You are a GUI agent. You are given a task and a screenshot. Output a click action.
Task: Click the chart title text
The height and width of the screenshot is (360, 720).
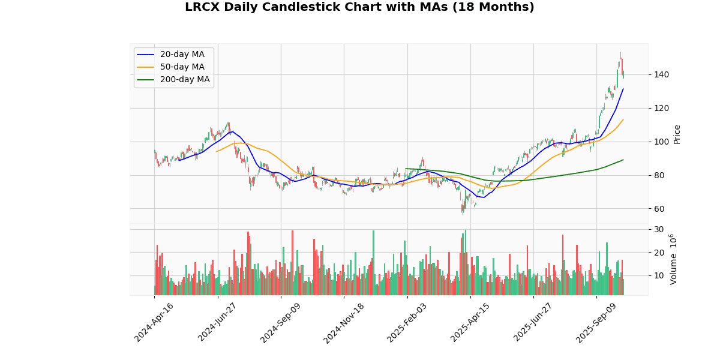(x=359, y=7)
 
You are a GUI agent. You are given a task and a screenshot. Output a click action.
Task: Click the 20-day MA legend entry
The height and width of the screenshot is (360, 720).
(x=182, y=55)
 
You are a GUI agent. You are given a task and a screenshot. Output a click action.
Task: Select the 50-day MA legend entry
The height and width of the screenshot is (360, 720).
(x=182, y=67)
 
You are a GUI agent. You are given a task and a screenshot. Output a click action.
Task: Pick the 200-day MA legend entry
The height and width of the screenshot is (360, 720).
(x=184, y=80)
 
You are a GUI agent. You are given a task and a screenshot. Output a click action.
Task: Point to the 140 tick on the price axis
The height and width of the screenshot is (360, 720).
(x=661, y=74)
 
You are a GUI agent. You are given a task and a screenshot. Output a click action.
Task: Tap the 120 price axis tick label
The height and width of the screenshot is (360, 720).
(x=661, y=108)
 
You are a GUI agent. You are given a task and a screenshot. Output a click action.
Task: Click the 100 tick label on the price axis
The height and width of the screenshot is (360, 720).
(x=661, y=142)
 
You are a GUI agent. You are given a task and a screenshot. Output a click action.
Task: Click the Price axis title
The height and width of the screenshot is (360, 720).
(x=677, y=134)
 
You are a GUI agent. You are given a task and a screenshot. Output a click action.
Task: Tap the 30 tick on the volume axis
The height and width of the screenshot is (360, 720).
(x=659, y=230)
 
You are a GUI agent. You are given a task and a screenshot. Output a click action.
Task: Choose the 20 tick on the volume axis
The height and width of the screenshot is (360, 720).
(x=659, y=253)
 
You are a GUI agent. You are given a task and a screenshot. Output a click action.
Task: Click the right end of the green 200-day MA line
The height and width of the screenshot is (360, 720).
(x=623, y=160)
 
